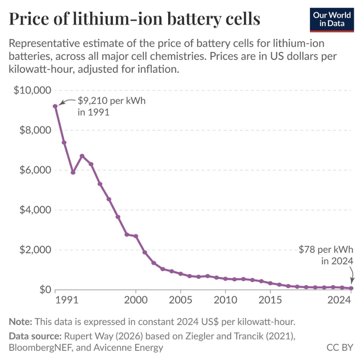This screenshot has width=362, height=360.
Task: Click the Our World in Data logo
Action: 332,20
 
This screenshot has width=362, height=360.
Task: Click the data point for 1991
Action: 55,106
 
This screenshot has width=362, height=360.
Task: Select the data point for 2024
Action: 351,288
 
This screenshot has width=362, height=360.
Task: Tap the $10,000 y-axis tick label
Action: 32,90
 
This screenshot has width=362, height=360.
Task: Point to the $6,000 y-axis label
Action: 35,170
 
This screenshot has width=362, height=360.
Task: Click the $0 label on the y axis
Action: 45,290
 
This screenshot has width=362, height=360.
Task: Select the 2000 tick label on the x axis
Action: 136,300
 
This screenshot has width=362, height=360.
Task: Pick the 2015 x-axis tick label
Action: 270,300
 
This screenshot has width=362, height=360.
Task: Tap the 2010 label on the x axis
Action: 225,300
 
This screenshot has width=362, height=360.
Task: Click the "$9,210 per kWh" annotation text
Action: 112,101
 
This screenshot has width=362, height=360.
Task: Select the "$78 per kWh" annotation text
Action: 326,249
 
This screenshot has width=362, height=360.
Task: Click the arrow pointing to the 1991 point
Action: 66,102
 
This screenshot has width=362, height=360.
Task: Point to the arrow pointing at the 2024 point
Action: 352,275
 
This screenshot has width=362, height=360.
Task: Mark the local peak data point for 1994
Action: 82,156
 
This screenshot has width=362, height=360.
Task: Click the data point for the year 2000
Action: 136,236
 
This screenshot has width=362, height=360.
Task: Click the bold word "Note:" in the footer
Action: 20,322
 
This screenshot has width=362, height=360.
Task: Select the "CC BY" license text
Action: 340,347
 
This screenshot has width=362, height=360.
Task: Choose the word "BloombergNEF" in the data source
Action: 40,347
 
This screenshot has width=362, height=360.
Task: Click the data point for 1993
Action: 73,172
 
